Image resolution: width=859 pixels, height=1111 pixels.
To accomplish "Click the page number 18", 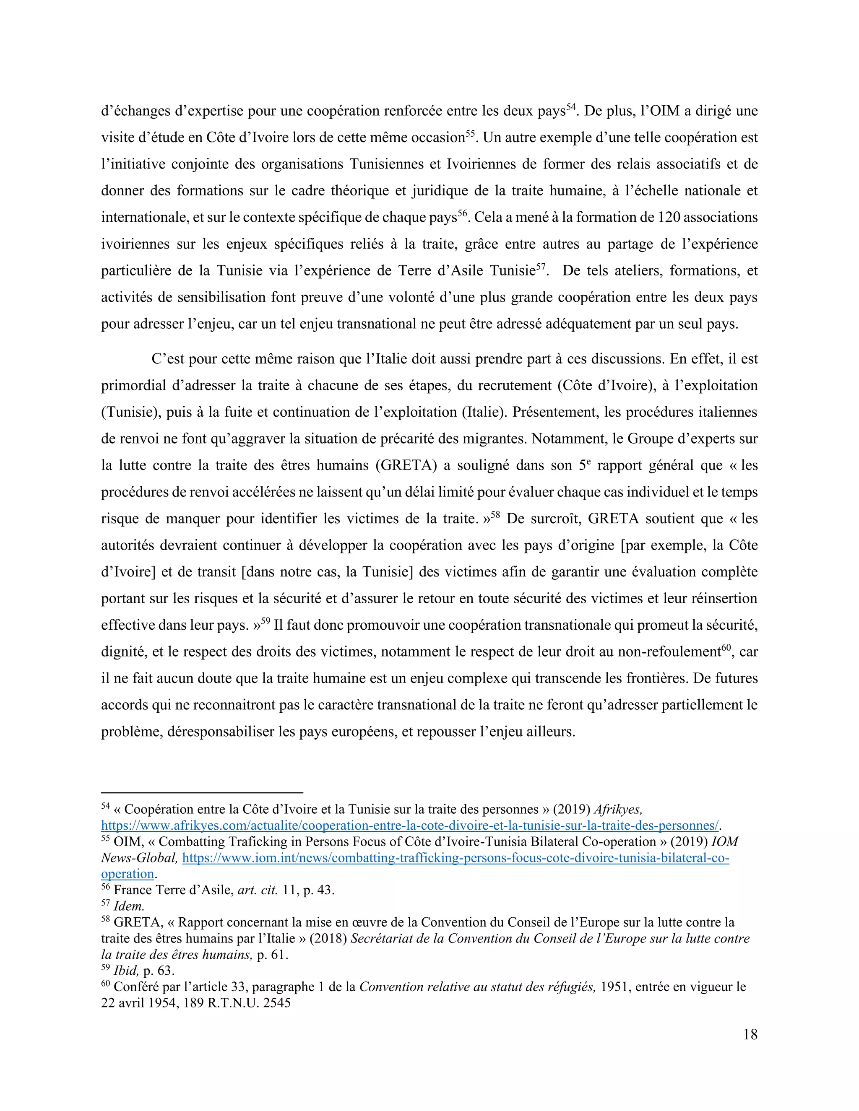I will click(750, 1035).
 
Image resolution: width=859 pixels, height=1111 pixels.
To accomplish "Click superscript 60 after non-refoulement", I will click(726, 648).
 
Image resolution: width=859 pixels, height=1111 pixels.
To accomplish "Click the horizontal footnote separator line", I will click(202, 792).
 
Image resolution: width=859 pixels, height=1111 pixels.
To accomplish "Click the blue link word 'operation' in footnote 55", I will click(127, 874).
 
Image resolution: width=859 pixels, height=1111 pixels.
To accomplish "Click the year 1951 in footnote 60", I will click(616, 987).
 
